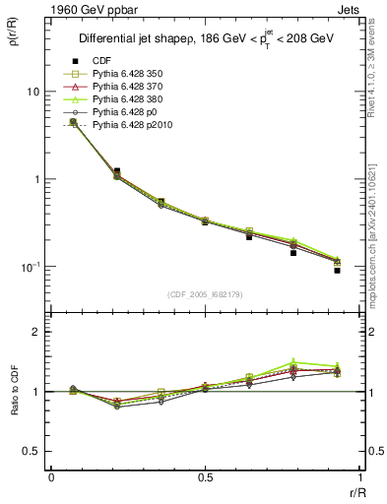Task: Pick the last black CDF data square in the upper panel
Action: click(337, 270)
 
